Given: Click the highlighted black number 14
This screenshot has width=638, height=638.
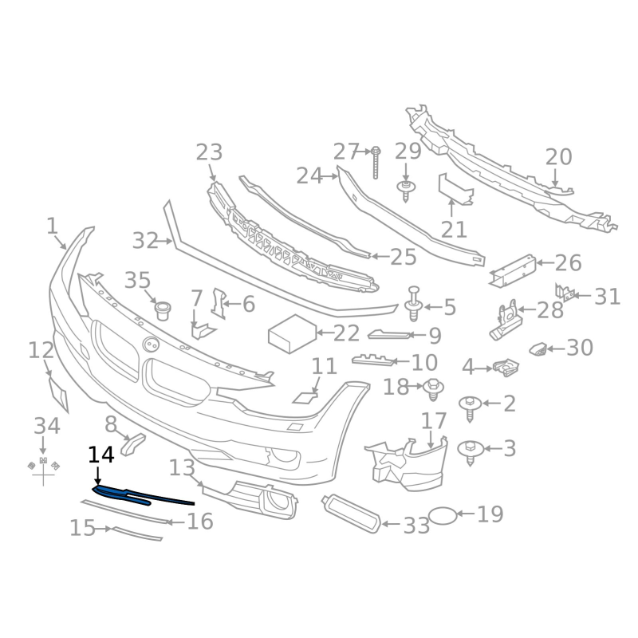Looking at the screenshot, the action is coord(101,455).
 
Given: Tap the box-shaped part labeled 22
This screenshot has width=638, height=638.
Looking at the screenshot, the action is coord(292,333).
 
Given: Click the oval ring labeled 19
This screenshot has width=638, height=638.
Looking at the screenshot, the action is coord(443,515).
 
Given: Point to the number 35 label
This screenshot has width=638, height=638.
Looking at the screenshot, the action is coord(137,280).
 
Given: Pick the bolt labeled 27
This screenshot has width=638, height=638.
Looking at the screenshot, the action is coord(376,163).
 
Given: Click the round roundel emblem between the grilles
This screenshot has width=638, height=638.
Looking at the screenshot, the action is coord(151,345).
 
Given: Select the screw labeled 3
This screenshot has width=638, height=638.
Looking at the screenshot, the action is coord(471,452).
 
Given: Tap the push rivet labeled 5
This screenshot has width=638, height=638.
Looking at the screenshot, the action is coord(414,304).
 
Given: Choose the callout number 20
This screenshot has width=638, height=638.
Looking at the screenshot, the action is coord(559,156).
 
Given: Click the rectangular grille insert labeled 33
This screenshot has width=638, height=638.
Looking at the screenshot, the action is coord(351,514).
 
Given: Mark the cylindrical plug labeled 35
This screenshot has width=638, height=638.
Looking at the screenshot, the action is coord(163,311).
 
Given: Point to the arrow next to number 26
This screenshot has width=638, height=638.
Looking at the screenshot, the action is coord(545,262).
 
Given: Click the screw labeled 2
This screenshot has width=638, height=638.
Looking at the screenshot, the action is coord(470,408).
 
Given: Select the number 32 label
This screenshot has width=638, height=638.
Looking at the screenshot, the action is coord(145,241).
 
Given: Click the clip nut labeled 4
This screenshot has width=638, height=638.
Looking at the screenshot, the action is coord(506,367).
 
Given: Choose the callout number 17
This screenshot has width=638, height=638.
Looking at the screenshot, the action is coord(434,421).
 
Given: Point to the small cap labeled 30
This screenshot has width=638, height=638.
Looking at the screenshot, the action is coord(538,349).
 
